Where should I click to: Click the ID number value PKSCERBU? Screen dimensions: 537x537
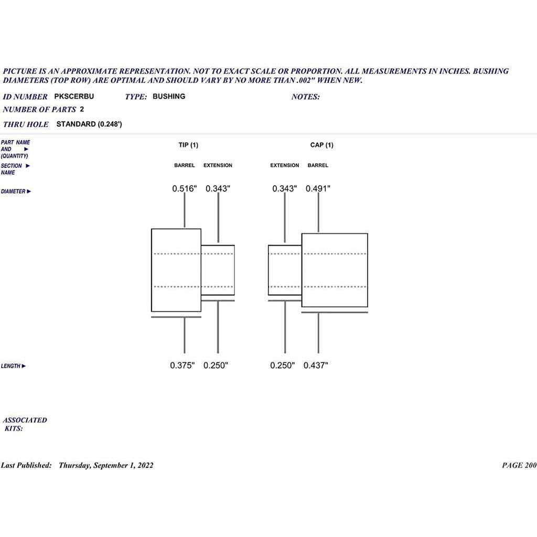pos(74,96)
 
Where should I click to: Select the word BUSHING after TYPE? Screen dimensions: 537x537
pos(169,96)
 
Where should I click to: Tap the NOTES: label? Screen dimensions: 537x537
pos(306,97)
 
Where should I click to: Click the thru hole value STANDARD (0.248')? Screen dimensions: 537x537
pos(89,124)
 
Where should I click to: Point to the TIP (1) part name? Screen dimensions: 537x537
pos(188,145)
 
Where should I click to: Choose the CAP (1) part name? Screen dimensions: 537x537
pos(321,145)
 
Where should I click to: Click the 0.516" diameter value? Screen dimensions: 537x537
pos(185,189)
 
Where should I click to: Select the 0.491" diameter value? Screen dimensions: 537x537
pos(318,189)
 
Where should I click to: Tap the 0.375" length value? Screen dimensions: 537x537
pos(182,366)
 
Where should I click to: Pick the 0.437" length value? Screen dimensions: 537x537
pos(316,366)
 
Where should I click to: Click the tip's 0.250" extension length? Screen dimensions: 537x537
pos(216,366)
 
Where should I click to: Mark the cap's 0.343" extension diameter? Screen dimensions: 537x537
pos(285,189)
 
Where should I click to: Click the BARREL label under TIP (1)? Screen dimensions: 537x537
pos(184,165)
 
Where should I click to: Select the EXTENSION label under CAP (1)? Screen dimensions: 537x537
pos(285,165)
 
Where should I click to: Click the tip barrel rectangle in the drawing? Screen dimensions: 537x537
pos(152,270)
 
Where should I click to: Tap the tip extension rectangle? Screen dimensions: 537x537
pos(234,270)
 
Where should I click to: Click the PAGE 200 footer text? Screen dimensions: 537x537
pos(519,465)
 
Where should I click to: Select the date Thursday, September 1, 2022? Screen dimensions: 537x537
pos(106,466)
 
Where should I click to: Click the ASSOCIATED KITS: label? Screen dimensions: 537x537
pos(25,424)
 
